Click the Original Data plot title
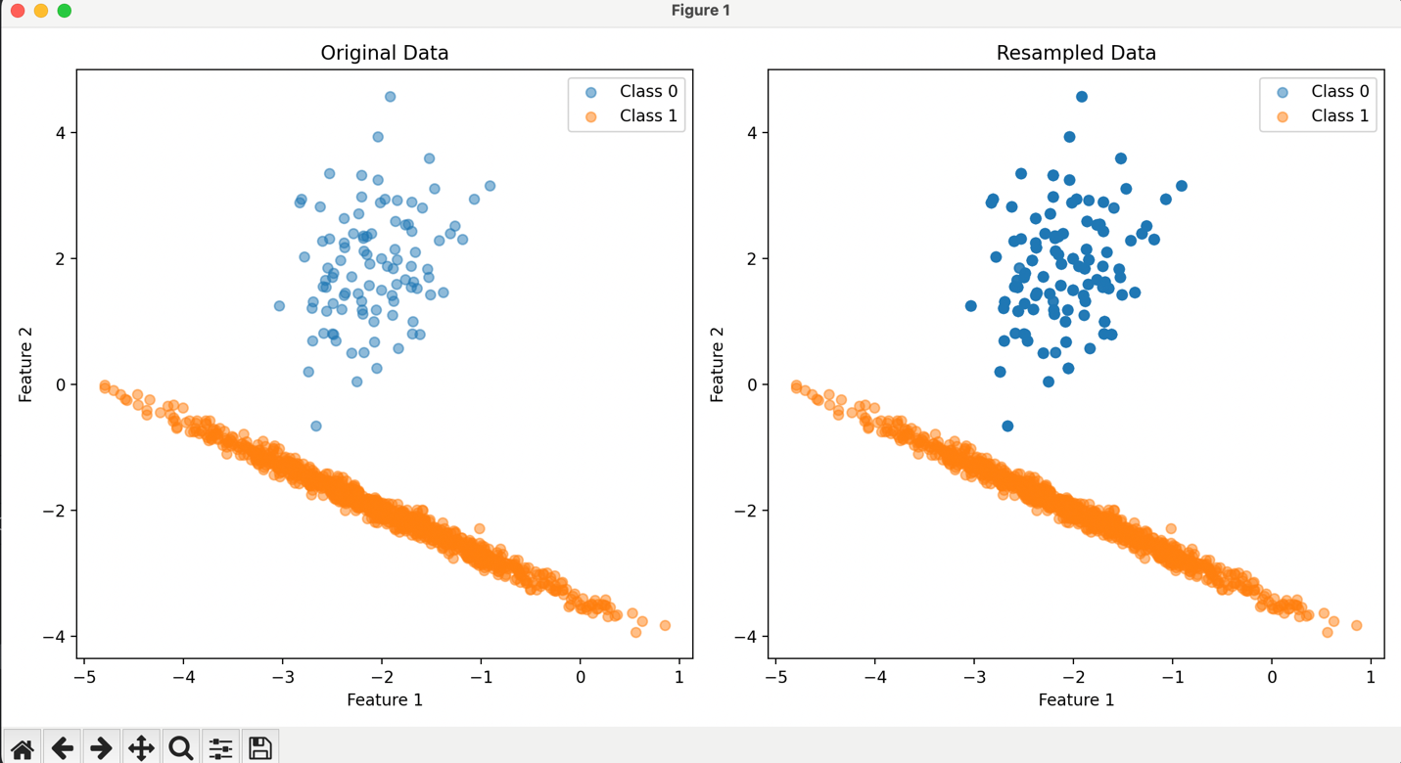[385, 53]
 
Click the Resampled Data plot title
[1076, 53]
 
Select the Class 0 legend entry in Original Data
[631, 91]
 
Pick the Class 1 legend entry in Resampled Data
[1324, 116]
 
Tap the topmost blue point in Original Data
[391, 97]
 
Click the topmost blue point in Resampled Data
[1082, 97]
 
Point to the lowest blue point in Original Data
[316, 426]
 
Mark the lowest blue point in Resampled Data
[1007, 426]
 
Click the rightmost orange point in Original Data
[665, 625]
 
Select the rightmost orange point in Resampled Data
[1357, 625]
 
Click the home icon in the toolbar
[23, 748]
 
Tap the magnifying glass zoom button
[181, 748]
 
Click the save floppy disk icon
[260, 748]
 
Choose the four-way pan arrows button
[141, 748]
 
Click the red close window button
[18, 11]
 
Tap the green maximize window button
[65, 11]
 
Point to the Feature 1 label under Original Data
[385, 699]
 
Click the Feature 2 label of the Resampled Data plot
[717, 364]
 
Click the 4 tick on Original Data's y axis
[60, 133]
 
